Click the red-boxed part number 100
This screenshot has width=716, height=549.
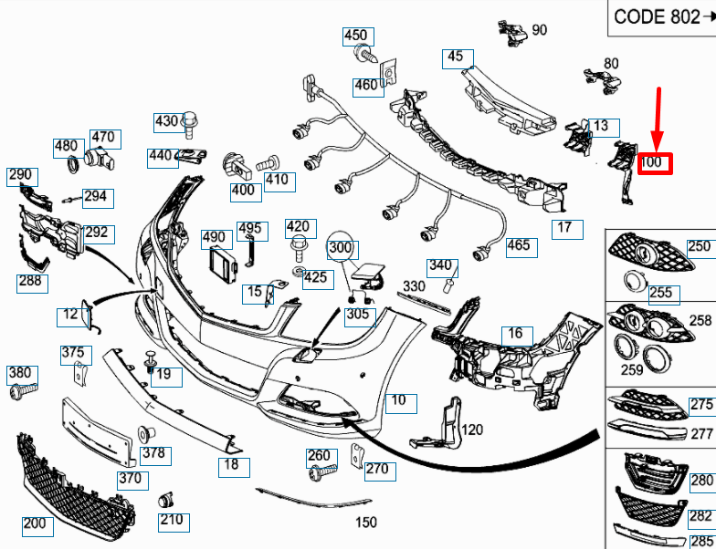(655, 163)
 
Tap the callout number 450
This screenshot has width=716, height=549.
(355, 36)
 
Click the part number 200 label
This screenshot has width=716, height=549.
(35, 524)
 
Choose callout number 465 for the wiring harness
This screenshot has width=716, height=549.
(518, 245)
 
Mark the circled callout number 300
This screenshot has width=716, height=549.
(340, 247)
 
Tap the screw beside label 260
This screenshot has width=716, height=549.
(320, 472)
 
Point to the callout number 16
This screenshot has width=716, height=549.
(515, 334)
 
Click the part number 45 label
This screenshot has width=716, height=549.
(455, 57)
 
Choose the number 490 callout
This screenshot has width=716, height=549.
(214, 238)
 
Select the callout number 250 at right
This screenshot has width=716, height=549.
(699, 246)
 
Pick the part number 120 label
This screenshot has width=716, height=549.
(472, 430)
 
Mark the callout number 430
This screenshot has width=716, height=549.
(167, 121)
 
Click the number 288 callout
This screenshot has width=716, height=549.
(30, 281)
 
